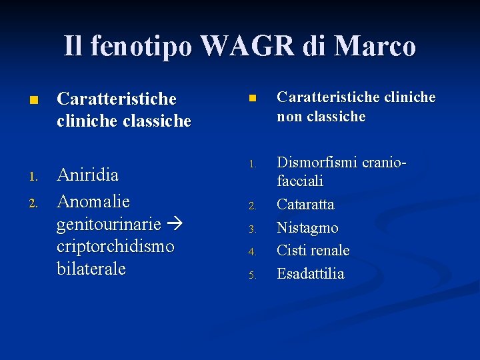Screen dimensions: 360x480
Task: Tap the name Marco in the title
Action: point(377,46)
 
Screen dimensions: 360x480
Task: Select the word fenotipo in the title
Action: point(141,46)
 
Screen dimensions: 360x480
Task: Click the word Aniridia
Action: point(88,175)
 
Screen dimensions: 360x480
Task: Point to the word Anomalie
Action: point(93,201)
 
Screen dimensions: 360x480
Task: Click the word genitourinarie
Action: point(109,223)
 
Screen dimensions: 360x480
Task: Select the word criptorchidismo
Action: point(115,246)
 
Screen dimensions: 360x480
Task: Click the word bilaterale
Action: point(91,269)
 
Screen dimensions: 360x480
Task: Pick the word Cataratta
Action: point(305,204)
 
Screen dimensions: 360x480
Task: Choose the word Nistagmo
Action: point(307,227)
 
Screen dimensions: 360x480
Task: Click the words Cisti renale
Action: point(313,250)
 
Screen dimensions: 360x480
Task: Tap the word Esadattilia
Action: point(310,273)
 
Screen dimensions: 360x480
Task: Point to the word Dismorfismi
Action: point(317,162)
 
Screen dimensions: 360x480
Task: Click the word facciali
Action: point(300,181)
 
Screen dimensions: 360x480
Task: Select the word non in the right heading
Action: point(289,117)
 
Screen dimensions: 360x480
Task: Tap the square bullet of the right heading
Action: point(252,98)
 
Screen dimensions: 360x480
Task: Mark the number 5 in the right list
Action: point(253,275)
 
